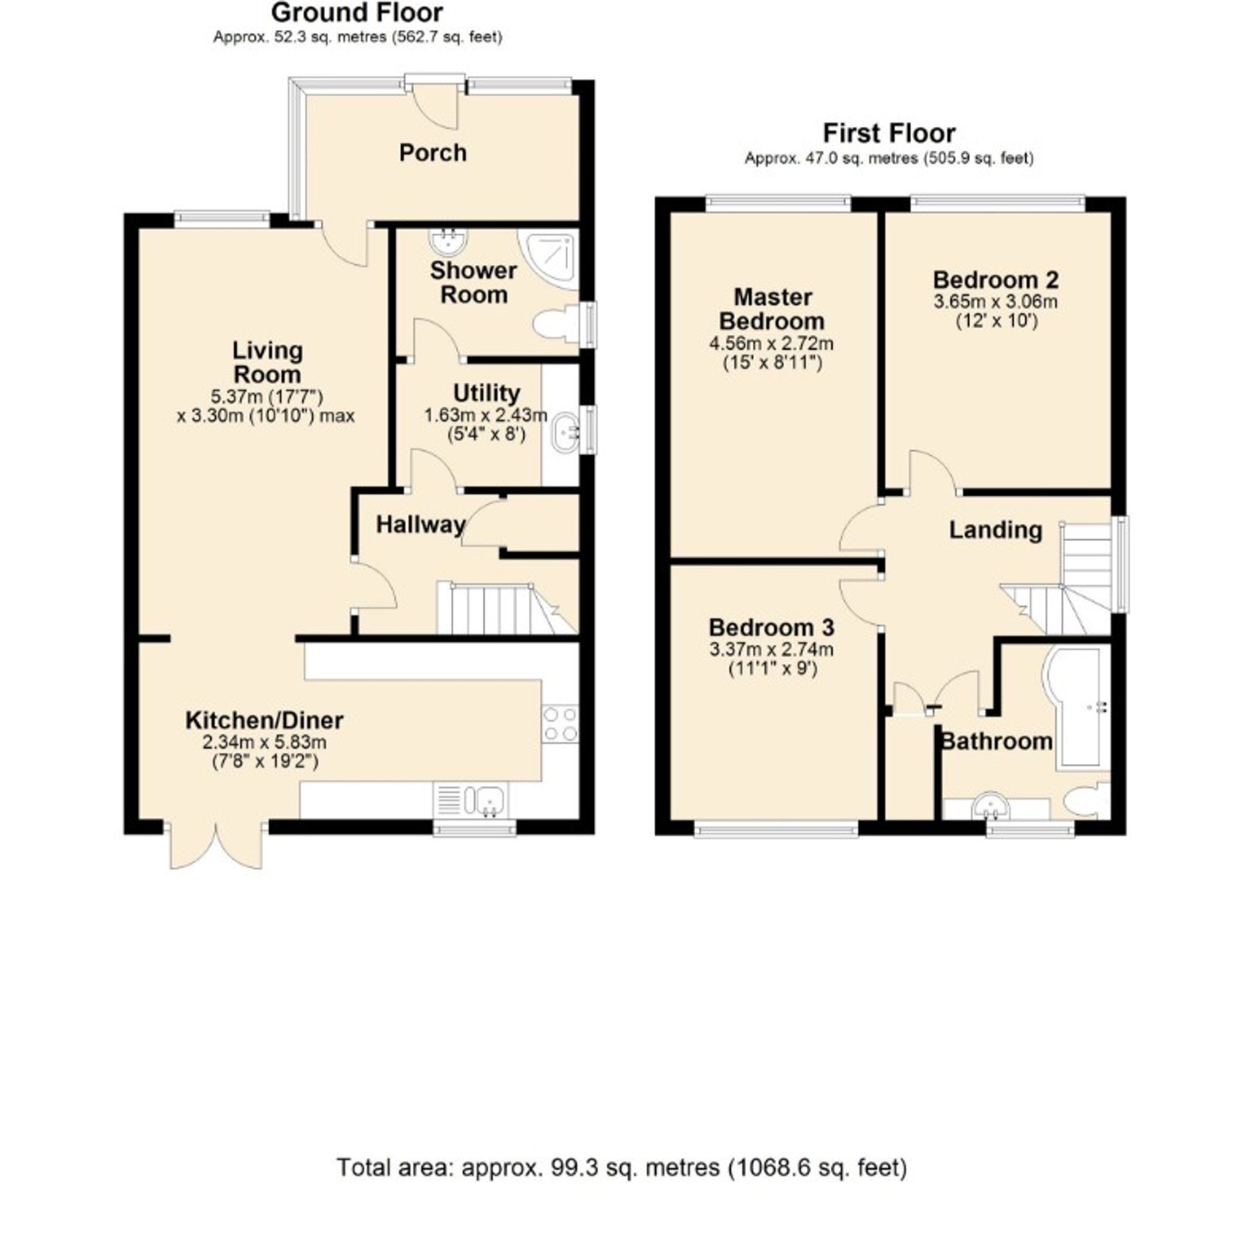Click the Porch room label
(x=433, y=153)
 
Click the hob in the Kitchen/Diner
(x=560, y=724)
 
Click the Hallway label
(x=420, y=525)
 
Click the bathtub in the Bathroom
(x=1078, y=706)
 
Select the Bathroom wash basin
(x=991, y=807)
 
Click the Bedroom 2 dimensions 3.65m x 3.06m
(x=995, y=301)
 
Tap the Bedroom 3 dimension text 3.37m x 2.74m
(x=771, y=650)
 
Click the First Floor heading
(x=889, y=133)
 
